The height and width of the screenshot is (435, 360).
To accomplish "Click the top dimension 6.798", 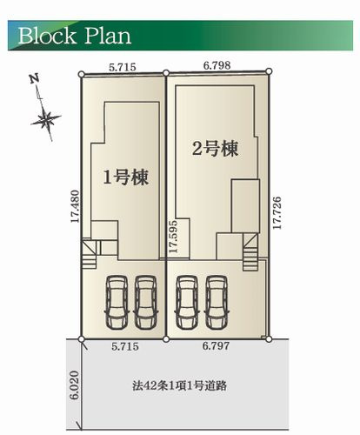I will coord(217,64).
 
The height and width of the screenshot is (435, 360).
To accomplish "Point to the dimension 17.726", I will coord(277,213).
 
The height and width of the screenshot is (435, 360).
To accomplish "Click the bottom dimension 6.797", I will coord(217,347).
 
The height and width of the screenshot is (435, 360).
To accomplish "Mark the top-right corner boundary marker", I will coord(269,70).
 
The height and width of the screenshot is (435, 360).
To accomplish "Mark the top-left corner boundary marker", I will coord(81,74).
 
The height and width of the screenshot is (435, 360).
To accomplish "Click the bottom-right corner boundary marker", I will coord(269,337).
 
